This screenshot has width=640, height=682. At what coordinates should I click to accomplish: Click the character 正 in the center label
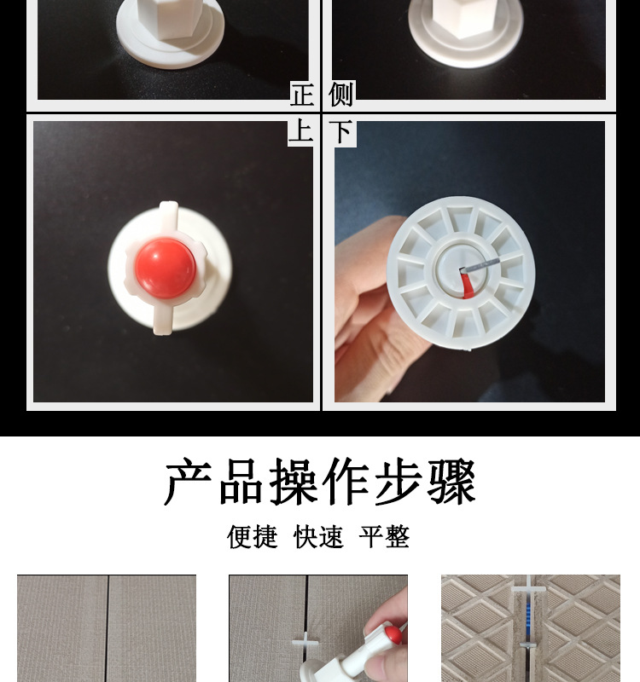point(301,95)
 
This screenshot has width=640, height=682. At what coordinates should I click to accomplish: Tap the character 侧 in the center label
point(341,95)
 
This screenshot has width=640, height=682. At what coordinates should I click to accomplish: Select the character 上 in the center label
point(301,132)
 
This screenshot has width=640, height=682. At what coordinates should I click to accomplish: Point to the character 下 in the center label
point(341,132)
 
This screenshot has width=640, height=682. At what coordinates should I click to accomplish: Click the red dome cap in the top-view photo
point(165,268)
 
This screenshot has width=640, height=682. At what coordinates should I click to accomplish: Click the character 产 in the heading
point(188,483)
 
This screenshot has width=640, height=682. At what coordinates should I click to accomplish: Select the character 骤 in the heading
point(452,483)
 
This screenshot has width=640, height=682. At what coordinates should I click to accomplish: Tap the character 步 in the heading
point(399,483)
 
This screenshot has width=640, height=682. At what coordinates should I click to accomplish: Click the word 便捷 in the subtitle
point(253,537)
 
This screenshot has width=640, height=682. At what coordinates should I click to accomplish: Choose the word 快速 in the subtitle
point(318,537)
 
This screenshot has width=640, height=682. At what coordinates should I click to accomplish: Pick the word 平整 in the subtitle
point(384,537)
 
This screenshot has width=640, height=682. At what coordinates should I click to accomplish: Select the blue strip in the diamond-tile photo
point(530,622)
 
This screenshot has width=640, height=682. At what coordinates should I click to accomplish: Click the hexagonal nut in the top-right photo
point(465,17)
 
